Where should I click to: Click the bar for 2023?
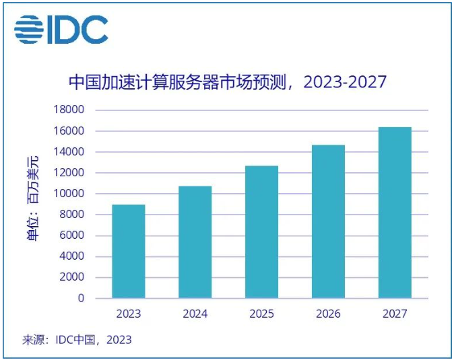[128, 251]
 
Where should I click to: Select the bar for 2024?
[195, 242]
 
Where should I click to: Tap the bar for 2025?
[261, 232]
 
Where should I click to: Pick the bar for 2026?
[328, 221]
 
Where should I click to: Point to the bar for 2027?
[395, 213]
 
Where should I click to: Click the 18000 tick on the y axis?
[71, 110]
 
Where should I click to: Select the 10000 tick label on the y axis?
[71, 194]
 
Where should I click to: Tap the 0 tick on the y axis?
[82, 298]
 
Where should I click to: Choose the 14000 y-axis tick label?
[71, 152]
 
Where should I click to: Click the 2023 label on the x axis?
[128, 314]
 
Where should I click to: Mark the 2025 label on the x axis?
[261, 314]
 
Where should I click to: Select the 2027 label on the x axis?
[395, 314]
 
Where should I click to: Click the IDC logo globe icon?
[28, 30]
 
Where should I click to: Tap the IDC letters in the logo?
[77, 30]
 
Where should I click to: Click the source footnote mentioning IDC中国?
[77, 340]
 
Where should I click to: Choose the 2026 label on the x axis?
[328, 314]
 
